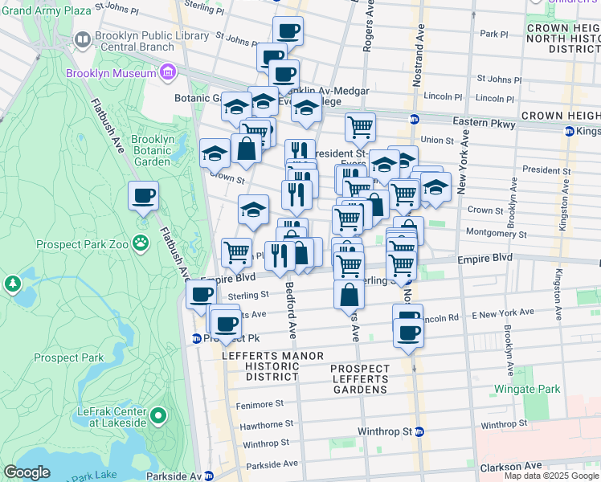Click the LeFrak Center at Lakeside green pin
pos(158,416)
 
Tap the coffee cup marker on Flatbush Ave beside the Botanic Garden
pos(143,197)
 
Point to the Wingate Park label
pos(527,389)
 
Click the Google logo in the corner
pos(27,472)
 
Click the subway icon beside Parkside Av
pos(209,476)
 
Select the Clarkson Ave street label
pos(512,466)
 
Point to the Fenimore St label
pos(260,404)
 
